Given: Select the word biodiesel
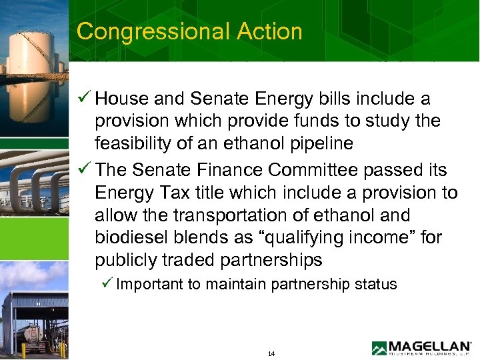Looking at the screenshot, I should [x=129, y=238].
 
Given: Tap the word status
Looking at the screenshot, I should [x=377, y=285].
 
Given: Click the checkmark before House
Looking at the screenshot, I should [x=84, y=99].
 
